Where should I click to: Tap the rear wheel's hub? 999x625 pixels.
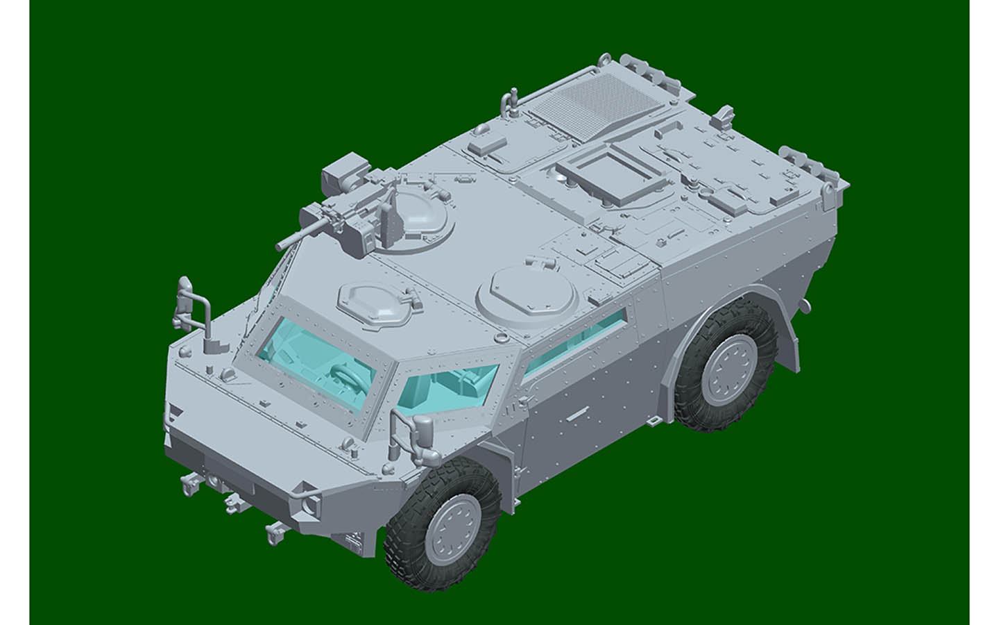(x=726, y=368)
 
